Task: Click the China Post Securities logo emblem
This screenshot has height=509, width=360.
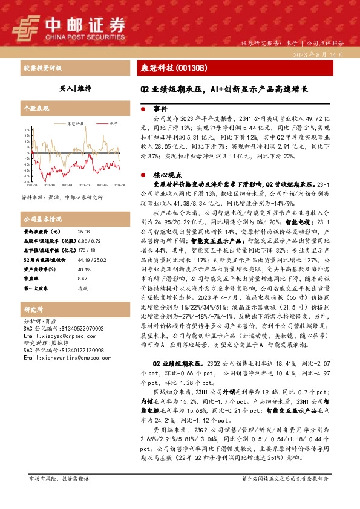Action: (x=30, y=25)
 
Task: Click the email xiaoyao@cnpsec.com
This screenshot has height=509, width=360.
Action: (x=52, y=335)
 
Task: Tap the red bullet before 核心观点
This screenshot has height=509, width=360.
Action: (x=142, y=172)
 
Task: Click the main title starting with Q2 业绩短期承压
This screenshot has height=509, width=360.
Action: (x=220, y=89)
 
